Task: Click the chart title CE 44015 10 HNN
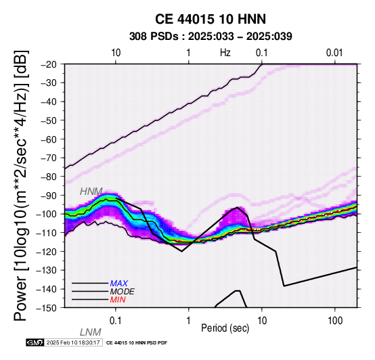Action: pyautogui.click(x=211, y=19)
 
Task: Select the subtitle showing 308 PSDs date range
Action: pyautogui.click(x=211, y=37)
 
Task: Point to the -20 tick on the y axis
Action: pyautogui.click(x=49, y=64)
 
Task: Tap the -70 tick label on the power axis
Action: pyautogui.click(x=49, y=158)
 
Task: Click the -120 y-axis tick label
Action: pyautogui.click(x=47, y=252)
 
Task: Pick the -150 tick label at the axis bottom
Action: pyautogui.click(x=47, y=308)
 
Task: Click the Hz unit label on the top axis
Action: pyautogui.click(x=225, y=53)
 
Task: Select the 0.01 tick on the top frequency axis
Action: pyautogui.click(x=334, y=53)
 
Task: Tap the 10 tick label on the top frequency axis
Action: pyautogui.click(x=116, y=53)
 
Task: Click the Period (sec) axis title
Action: pyautogui.click(x=225, y=328)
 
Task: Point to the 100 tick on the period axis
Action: pyautogui.click(x=335, y=321)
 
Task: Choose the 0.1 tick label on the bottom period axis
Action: pyautogui.click(x=116, y=321)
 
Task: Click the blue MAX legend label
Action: pyautogui.click(x=119, y=284)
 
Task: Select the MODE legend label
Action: pyautogui.click(x=123, y=292)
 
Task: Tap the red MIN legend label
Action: pyautogui.click(x=118, y=300)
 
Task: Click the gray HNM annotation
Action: pyautogui.click(x=91, y=192)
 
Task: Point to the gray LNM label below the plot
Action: pyautogui.click(x=91, y=332)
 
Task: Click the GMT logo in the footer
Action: pyautogui.click(x=35, y=342)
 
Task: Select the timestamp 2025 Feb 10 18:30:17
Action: pyautogui.click(x=73, y=342)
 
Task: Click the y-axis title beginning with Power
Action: pyautogui.click(x=20, y=186)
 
